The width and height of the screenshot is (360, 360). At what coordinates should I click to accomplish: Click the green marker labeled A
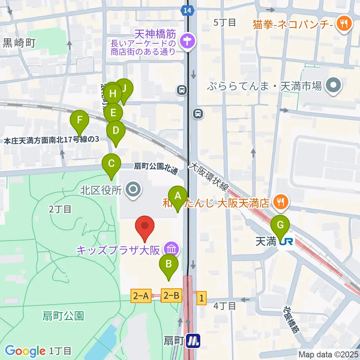[x=178, y=196]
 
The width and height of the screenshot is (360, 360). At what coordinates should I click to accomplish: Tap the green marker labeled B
[x=169, y=264]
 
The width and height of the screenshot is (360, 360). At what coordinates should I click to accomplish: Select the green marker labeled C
[x=111, y=164]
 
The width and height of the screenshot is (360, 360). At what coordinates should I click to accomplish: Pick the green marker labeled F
[x=79, y=120]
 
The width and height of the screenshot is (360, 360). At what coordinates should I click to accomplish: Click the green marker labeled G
[x=280, y=225]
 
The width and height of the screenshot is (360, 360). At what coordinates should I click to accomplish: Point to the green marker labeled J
[x=124, y=88]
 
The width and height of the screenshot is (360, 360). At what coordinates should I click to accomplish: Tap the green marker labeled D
[x=116, y=131]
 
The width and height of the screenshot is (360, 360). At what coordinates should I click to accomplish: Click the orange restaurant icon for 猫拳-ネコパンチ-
[x=342, y=24]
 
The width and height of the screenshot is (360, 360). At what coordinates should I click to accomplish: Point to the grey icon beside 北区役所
[x=133, y=190]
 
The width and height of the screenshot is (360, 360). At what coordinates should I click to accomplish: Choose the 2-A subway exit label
[x=141, y=296]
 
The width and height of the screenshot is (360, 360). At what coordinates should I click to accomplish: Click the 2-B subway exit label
[x=171, y=296]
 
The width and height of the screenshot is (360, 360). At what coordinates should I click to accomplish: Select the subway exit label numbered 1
[x=201, y=298]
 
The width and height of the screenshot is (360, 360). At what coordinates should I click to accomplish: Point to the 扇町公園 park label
[x=63, y=316]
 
